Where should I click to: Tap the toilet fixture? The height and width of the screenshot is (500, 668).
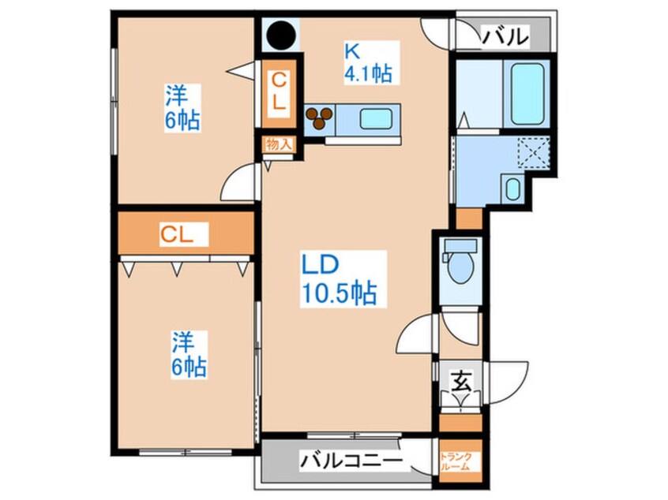(457, 264)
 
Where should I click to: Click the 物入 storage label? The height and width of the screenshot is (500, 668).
(279, 145)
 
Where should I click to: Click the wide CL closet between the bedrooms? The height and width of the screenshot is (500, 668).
(184, 233)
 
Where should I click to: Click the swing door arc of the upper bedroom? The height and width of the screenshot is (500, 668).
(238, 185)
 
